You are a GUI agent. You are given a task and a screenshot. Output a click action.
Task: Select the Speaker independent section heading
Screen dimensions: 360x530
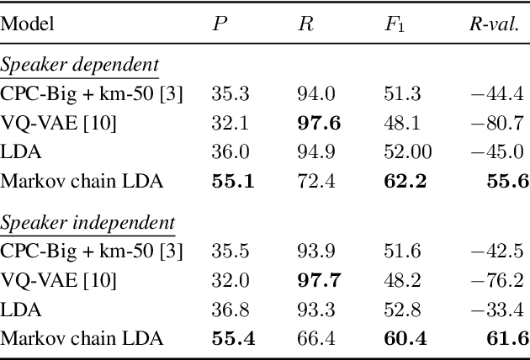(87, 223)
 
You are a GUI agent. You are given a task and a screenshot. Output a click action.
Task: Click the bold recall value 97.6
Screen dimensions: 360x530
(319, 124)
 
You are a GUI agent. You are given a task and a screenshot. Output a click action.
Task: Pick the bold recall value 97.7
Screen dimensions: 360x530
(319, 281)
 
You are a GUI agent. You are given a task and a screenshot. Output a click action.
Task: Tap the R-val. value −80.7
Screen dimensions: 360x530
(501, 124)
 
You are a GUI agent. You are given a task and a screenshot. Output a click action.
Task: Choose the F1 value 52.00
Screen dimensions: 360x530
(404, 152)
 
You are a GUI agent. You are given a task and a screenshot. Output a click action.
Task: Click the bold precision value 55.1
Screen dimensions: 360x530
(232, 181)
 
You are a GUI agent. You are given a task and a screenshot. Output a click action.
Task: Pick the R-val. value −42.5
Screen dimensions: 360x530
(501, 251)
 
